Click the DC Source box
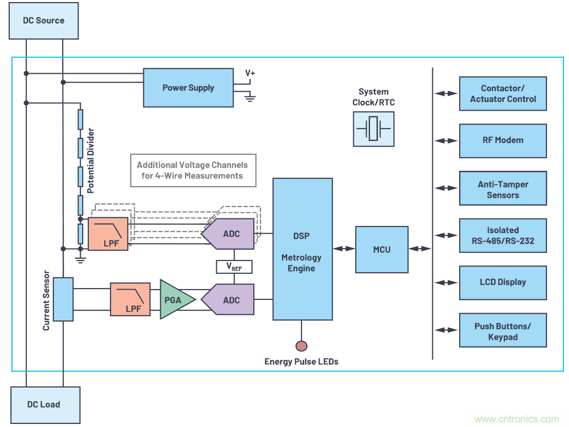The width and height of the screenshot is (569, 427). pos(44,21)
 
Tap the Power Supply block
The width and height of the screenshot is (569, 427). pos(188,88)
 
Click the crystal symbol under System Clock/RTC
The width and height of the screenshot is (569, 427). pos(373,129)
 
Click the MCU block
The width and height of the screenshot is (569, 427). pos(382,249)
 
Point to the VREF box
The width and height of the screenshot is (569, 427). pos(234,267)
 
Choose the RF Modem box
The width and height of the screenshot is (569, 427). pos(502,140)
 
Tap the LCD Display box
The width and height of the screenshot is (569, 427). pos(502,282)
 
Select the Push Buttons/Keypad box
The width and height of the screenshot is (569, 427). pos(502,331)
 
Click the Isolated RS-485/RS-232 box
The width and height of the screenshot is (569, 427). pos(502,235)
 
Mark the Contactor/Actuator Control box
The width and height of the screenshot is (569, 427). pos(502,93)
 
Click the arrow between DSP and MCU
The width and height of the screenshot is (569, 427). pos(344,249)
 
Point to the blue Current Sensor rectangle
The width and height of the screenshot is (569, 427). pos(63,299)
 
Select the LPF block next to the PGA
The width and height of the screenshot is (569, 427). pos(130,299)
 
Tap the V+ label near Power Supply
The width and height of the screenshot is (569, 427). pos(250,73)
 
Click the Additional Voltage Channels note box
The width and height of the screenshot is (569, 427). pos(193,171)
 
